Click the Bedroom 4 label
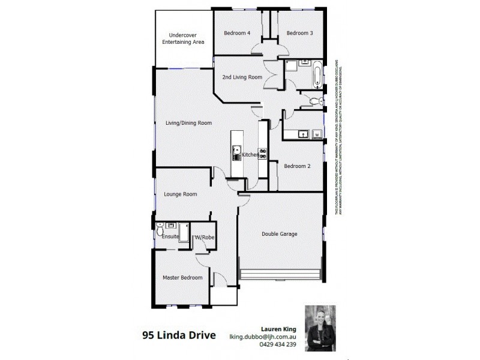click(x=236, y=33)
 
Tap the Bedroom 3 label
click(x=299, y=33)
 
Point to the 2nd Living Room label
click(x=242, y=77)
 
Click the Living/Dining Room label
click(x=188, y=123)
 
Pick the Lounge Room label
click(x=181, y=194)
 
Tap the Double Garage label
click(x=280, y=234)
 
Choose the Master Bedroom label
click(x=182, y=278)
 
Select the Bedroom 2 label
click(x=297, y=166)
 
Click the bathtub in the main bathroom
click(x=316, y=74)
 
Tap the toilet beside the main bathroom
click(x=315, y=101)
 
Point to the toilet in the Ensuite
click(x=160, y=230)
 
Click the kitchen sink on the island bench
click(x=237, y=151)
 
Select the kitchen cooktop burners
click(x=262, y=153)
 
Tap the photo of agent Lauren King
click(x=320, y=328)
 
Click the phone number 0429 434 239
click(x=279, y=344)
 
